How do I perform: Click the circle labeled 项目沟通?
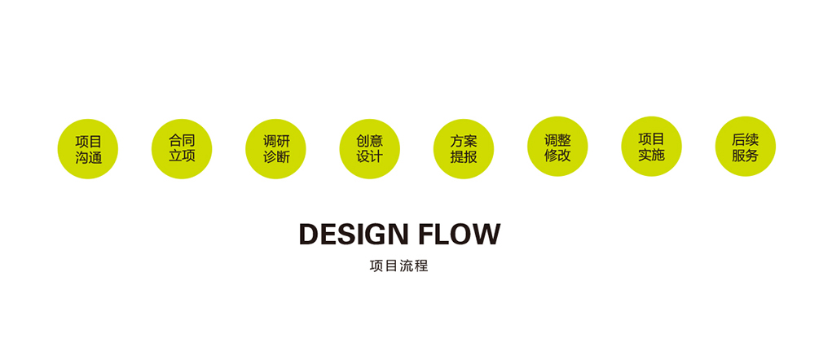87,149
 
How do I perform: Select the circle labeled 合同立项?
182,149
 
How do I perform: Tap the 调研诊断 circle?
275,149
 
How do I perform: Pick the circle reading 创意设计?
369,149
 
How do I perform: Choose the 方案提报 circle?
463,149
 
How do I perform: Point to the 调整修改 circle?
557,147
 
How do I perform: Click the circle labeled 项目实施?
651,147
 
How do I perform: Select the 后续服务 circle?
745,147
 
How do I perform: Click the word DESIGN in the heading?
354,235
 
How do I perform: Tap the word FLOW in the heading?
460,235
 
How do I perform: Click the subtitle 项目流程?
399,266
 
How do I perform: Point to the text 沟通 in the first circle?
88,157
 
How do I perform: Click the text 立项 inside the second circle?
182,156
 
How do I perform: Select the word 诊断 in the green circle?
276,157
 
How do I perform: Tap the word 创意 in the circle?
370,141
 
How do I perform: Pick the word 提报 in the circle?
464,157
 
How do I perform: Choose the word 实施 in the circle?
652,155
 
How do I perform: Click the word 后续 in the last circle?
746,140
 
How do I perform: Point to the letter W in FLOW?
486,235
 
